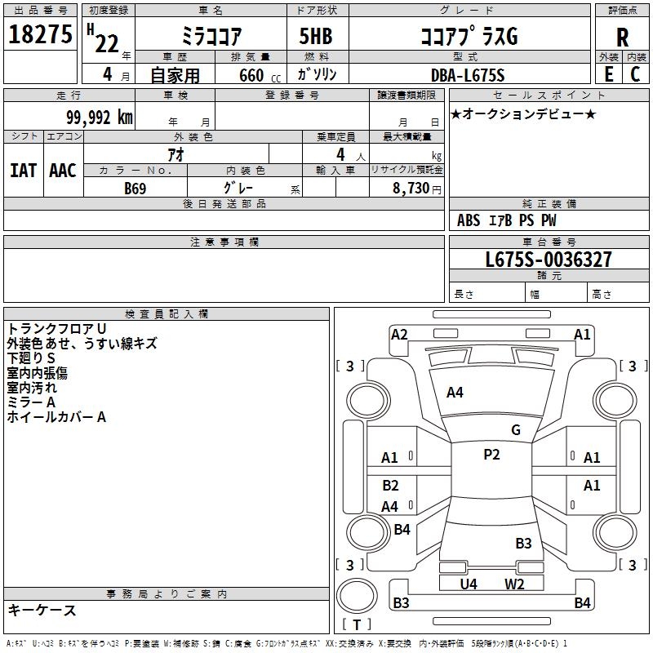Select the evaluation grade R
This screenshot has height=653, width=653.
coord(622,38)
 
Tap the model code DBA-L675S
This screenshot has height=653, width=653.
coord(468,75)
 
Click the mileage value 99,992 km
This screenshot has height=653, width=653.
coord(100,117)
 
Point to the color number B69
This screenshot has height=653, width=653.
coord(135,189)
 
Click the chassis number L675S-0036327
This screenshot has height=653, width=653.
coord(548,260)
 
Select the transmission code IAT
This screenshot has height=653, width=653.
coord(23,171)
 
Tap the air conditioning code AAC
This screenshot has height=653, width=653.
coord(62,171)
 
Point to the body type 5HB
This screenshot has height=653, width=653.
coord(309,38)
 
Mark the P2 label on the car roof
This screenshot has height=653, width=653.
coord(491,455)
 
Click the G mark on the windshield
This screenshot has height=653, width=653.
coord(516,430)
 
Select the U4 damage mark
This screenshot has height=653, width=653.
coord(469,584)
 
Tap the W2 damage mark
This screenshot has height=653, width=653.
coord(513,584)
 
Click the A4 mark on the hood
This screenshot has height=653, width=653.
coord(455,393)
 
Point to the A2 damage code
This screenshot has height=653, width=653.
coord(399,334)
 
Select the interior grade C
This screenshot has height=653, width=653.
coord(635,74)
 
